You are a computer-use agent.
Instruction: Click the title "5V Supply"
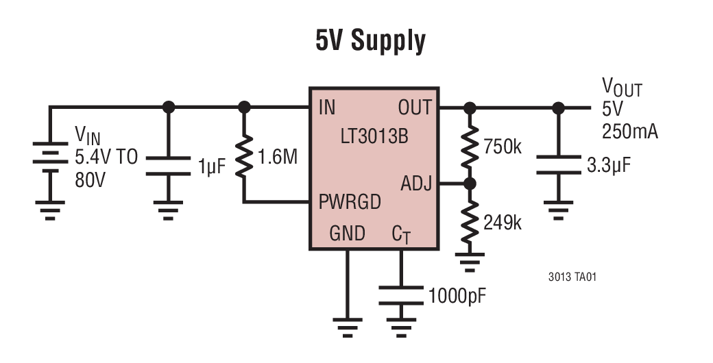370,41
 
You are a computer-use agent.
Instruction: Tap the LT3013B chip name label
374,137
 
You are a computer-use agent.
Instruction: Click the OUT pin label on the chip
414,108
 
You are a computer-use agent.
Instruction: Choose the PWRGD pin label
350,203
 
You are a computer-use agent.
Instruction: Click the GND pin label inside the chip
347,234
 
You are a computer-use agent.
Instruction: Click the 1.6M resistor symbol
244,157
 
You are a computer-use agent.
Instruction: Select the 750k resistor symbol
470,147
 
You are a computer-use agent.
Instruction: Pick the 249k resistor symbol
470,223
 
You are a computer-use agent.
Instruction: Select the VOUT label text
622,88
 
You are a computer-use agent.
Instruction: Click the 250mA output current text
629,132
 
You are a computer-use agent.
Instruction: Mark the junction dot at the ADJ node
470,184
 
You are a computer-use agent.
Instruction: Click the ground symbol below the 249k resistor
470,260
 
